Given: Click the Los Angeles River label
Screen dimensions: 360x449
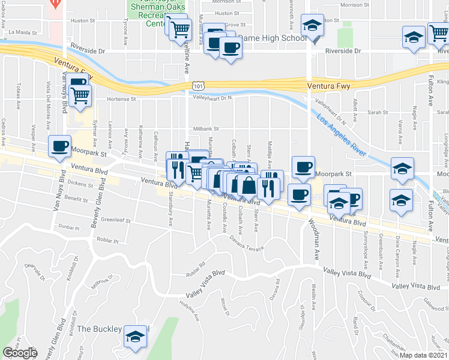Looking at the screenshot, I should tap(342, 134).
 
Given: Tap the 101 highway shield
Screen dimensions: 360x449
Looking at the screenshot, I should tap(197, 86).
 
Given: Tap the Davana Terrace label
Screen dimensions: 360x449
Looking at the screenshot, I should tap(247, 242).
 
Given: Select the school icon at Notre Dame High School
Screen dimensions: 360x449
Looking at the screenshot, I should tap(312, 26).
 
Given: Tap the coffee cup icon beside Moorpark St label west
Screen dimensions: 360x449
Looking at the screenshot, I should tap(59, 146).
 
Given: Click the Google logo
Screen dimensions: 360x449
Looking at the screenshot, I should tap(19, 353).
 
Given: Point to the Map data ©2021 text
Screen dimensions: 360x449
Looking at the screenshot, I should tap(424, 355).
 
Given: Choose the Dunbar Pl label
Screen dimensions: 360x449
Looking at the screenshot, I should tap(69, 228).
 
